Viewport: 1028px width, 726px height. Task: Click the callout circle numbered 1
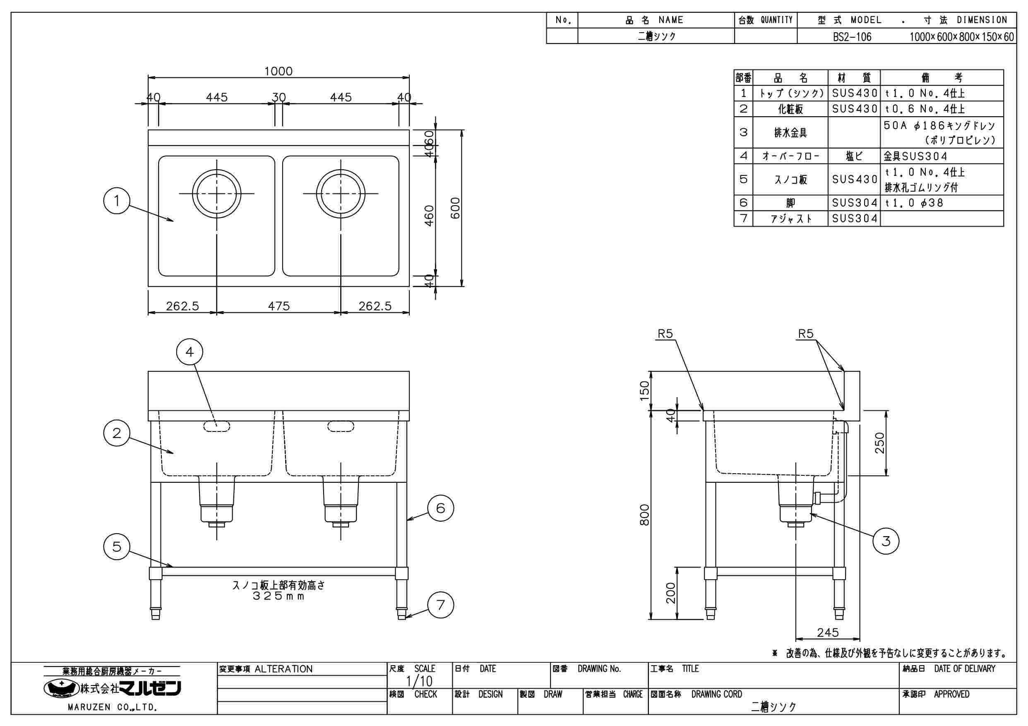(116, 201)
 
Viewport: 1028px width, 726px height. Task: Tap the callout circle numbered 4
(190, 352)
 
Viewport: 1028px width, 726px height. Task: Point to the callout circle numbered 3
(886, 541)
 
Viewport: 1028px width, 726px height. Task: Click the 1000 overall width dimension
(278, 71)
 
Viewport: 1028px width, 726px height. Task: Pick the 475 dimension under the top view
(279, 306)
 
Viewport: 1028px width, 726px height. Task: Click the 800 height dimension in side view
(644, 515)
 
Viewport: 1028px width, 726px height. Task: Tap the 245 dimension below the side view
(827, 633)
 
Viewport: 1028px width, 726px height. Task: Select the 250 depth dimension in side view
(880, 443)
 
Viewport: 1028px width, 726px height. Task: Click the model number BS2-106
(852, 37)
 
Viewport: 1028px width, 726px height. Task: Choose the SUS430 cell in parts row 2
(854, 109)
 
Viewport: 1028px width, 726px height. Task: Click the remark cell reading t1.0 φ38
(914, 203)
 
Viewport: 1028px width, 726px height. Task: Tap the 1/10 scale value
(419, 681)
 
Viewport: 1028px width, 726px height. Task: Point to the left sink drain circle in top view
(217, 194)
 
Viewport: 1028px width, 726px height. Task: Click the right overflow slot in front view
(341, 426)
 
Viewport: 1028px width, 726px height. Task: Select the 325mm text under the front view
(279, 597)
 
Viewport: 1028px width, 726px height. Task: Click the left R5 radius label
(665, 333)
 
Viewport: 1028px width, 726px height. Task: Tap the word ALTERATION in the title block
(283, 669)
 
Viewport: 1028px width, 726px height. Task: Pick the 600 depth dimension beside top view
(455, 208)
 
